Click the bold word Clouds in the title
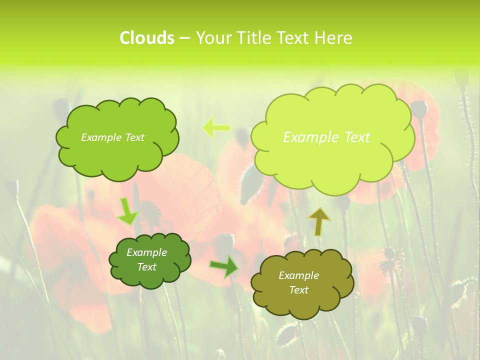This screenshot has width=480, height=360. (x=147, y=38)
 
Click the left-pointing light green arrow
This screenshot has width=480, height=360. (x=216, y=128)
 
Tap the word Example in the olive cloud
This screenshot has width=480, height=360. (x=298, y=275)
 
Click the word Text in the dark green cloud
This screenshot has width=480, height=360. (x=146, y=267)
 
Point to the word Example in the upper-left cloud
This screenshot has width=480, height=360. (x=101, y=137)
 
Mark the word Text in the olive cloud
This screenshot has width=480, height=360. (x=298, y=290)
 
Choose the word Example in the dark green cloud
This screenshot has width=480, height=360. (x=146, y=252)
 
